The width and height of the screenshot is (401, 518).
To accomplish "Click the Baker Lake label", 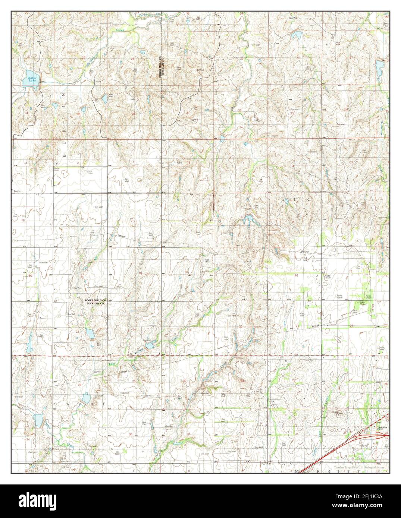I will pyautogui.click(x=29, y=80).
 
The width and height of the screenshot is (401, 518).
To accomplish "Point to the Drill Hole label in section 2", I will pyautogui.click(x=90, y=172).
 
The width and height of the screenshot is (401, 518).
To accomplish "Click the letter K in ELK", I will pyautogui.click(x=308, y=200).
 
